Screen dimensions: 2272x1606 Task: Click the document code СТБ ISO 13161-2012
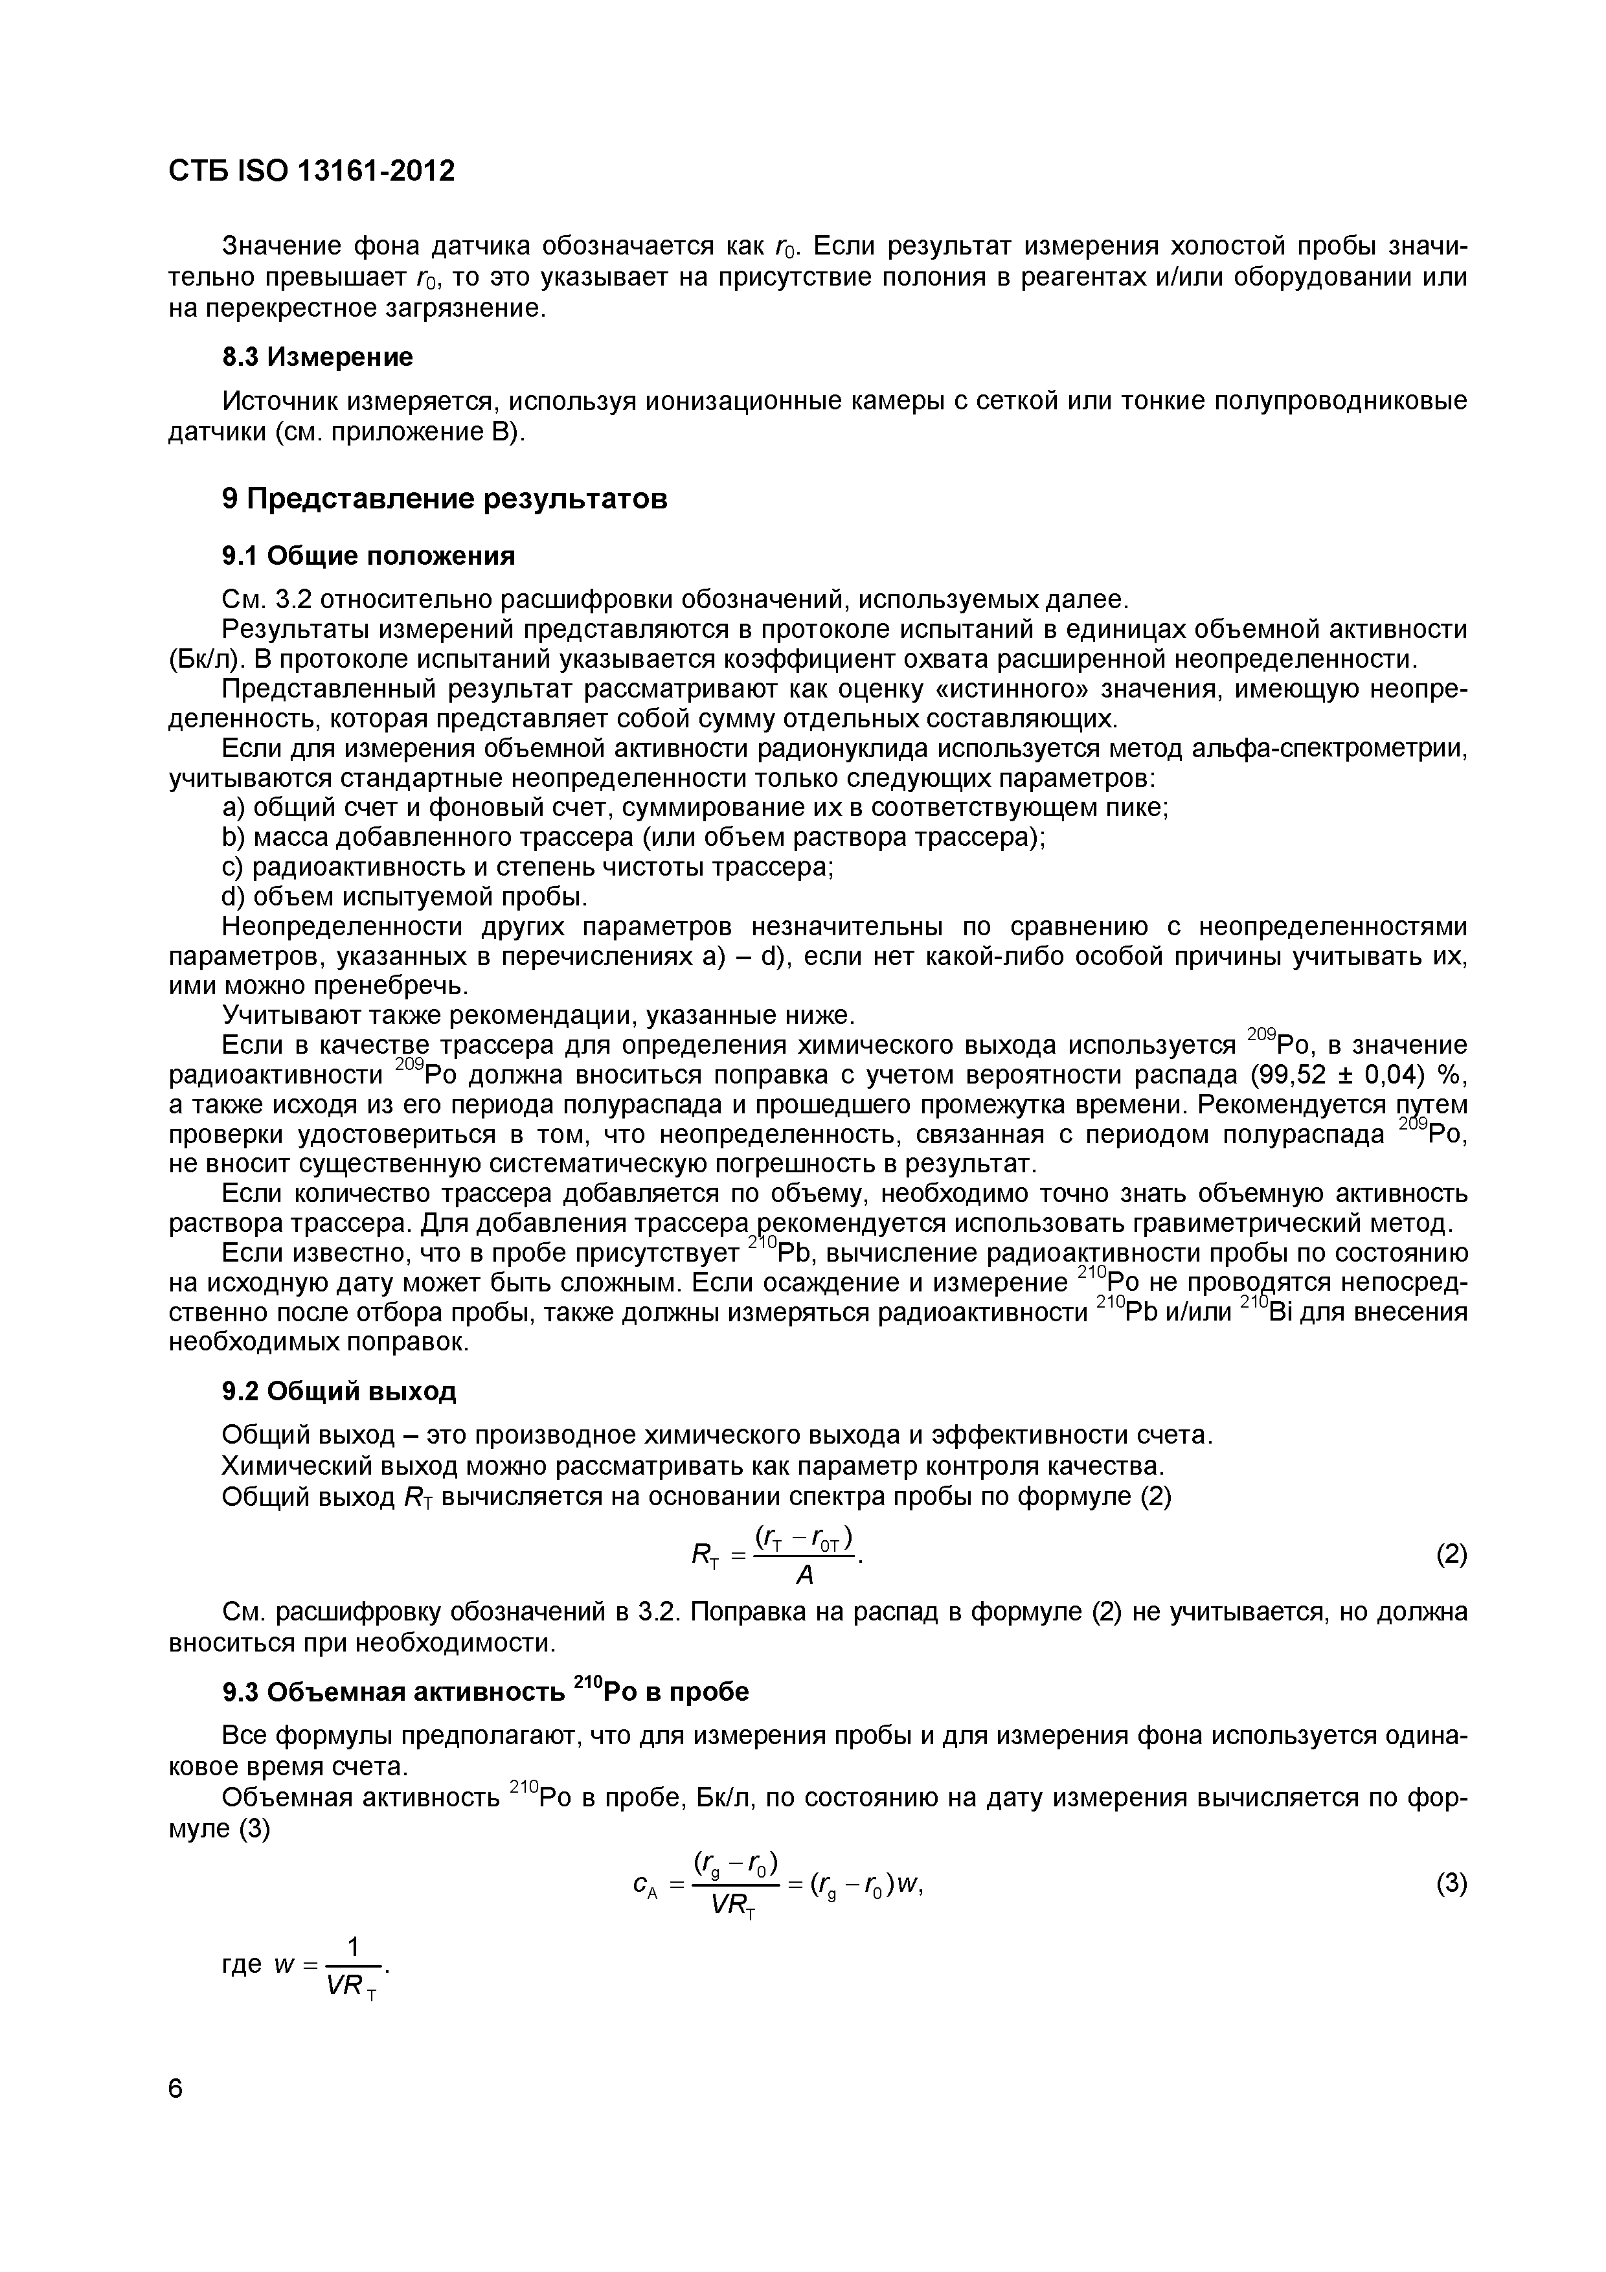point(311,171)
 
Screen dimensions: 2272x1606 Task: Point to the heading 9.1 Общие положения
point(368,556)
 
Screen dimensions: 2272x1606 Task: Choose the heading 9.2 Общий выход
point(339,1391)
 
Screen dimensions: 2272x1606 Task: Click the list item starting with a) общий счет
point(696,808)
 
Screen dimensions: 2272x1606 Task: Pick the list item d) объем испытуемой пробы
point(405,896)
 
